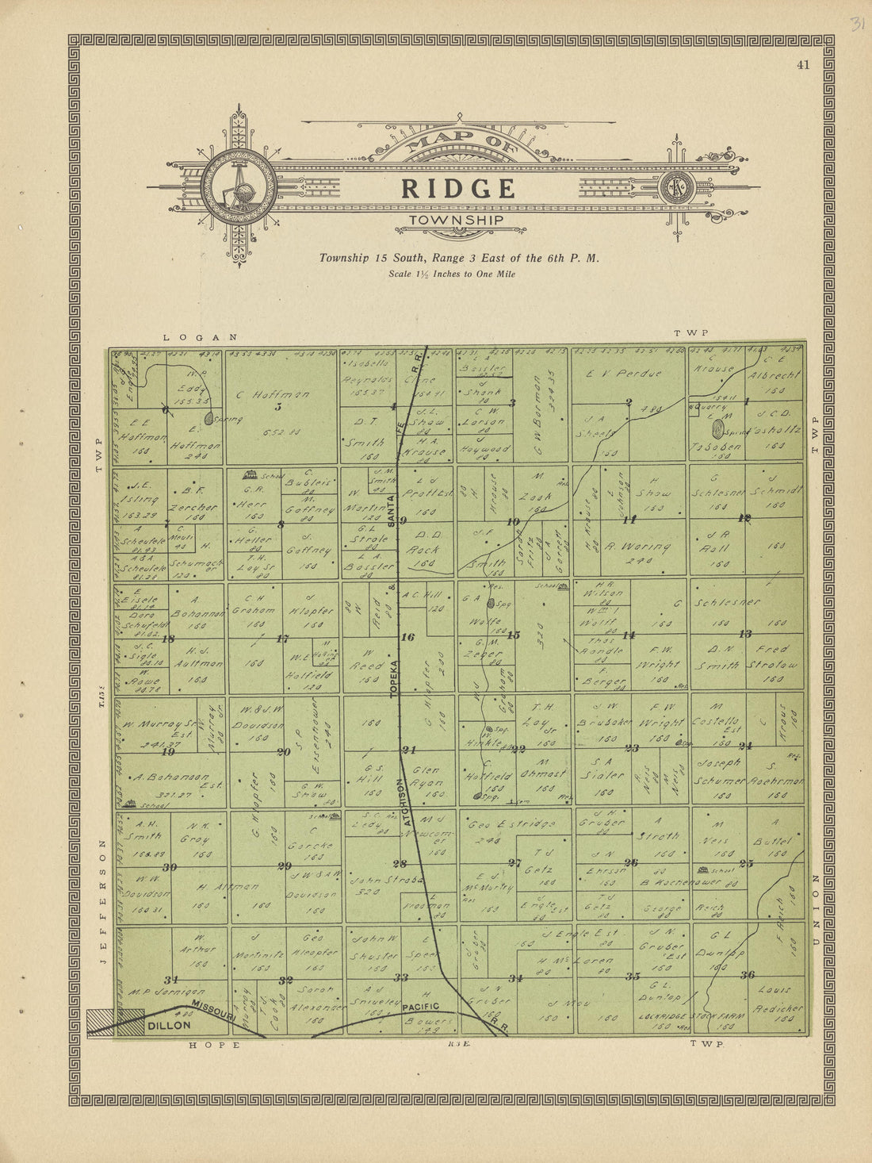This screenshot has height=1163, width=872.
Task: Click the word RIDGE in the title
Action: tap(458, 188)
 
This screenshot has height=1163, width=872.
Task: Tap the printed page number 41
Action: tap(803, 65)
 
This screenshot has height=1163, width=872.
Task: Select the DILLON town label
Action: tap(169, 1025)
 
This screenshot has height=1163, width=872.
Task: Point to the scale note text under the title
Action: tap(452, 274)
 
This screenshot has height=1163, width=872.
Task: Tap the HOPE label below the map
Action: tap(214, 1045)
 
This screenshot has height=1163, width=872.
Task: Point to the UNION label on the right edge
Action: tap(814, 908)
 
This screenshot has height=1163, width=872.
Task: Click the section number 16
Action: tap(407, 637)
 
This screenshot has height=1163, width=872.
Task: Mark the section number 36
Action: tap(747, 975)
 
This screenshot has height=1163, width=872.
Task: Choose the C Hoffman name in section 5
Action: tap(273, 394)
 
